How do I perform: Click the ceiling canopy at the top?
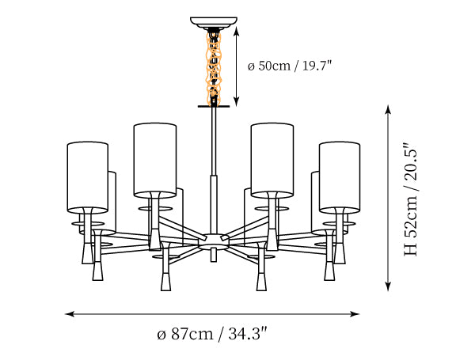214,22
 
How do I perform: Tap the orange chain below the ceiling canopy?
214,66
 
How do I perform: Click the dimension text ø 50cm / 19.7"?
290,66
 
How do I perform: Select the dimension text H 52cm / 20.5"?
411,199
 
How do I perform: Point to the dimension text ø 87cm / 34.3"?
212,334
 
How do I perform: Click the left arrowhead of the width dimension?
70,314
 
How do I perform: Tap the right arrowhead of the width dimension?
355,314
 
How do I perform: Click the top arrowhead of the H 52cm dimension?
388,110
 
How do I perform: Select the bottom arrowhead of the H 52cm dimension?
388,286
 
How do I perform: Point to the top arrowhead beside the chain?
237,31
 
